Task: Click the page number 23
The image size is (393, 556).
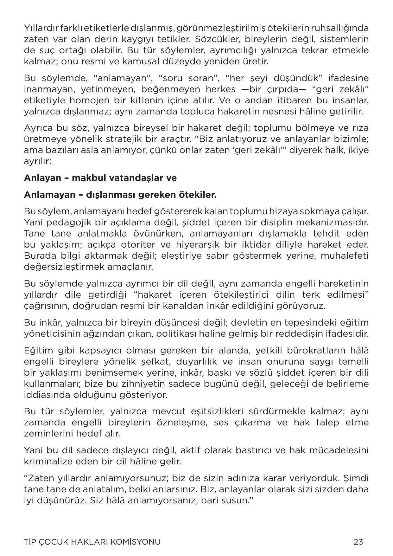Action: (358, 542)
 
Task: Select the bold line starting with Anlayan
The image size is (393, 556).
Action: (100, 178)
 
